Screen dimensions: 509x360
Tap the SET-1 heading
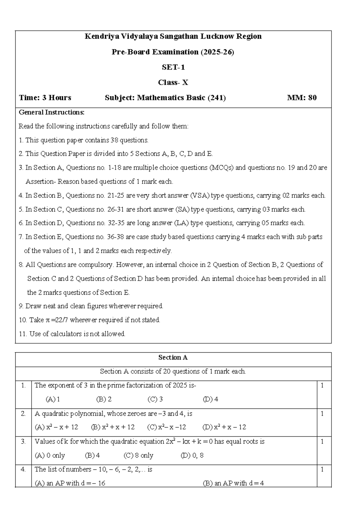[x=173, y=67]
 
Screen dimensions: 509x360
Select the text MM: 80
[x=302, y=98]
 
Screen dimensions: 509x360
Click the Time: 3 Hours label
[x=45, y=98]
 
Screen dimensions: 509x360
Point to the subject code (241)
[x=217, y=98]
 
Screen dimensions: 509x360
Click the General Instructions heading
[x=52, y=113]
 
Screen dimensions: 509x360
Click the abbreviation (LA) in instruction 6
[x=181, y=223]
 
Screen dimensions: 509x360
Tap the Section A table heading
[x=173, y=357]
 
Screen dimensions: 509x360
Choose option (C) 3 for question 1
[x=155, y=399]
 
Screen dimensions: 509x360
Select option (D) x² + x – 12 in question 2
[x=224, y=427]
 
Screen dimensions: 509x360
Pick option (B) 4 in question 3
[x=92, y=456]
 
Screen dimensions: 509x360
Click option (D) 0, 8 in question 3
[x=192, y=456]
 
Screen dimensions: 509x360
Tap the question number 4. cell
[x=23, y=470]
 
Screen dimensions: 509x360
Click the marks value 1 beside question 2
[x=322, y=414]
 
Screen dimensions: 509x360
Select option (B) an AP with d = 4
[x=233, y=483]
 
